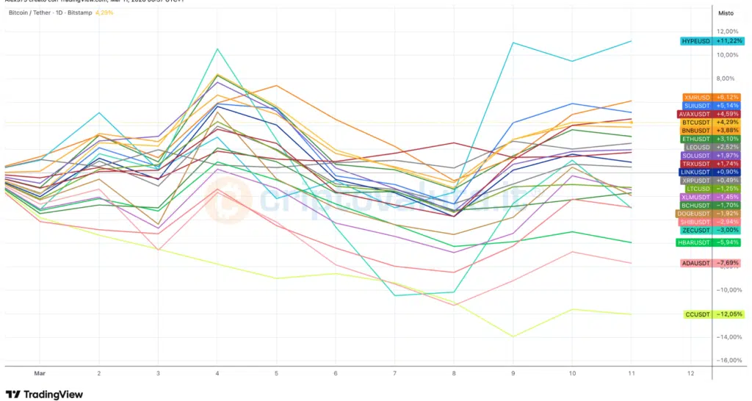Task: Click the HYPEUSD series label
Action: pyautogui.click(x=695, y=41)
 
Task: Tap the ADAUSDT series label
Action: pyautogui.click(x=696, y=263)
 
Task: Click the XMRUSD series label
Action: pyautogui.click(x=697, y=98)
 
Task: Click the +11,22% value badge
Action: pyautogui.click(x=728, y=41)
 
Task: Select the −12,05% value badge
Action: pyautogui.click(x=728, y=314)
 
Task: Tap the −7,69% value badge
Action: pyautogui.click(x=728, y=263)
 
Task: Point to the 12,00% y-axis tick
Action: pyautogui.click(x=727, y=32)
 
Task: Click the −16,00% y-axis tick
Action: pyautogui.click(x=727, y=360)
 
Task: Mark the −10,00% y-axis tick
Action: pyautogui.click(x=727, y=289)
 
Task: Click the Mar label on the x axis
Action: pyautogui.click(x=40, y=373)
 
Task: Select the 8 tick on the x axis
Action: pyautogui.click(x=453, y=373)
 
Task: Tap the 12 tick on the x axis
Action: pyautogui.click(x=690, y=373)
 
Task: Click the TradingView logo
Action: pyautogui.click(x=45, y=394)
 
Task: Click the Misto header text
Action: pyautogui.click(x=726, y=13)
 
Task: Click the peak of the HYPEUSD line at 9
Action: pyautogui.click(x=513, y=43)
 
